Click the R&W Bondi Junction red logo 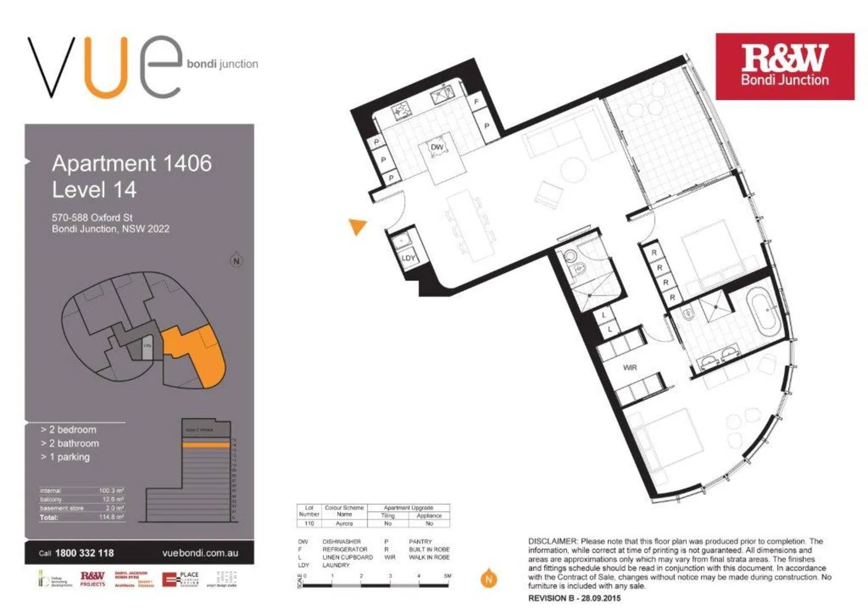click(784, 67)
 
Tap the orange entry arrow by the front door click(358, 226)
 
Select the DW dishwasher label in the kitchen click(437, 147)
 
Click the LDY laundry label click(408, 258)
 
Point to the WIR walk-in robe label click(630, 368)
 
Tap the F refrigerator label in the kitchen click(476, 102)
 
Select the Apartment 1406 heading click(132, 164)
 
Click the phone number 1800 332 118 click(84, 553)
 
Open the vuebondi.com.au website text click(200, 553)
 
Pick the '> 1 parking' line click(65, 457)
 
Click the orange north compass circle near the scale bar click(488, 579)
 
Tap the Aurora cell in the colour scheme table click(344, 523)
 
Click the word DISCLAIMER click(553, 541)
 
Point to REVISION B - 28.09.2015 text click(574, 598)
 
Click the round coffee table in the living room click(572, 169)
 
